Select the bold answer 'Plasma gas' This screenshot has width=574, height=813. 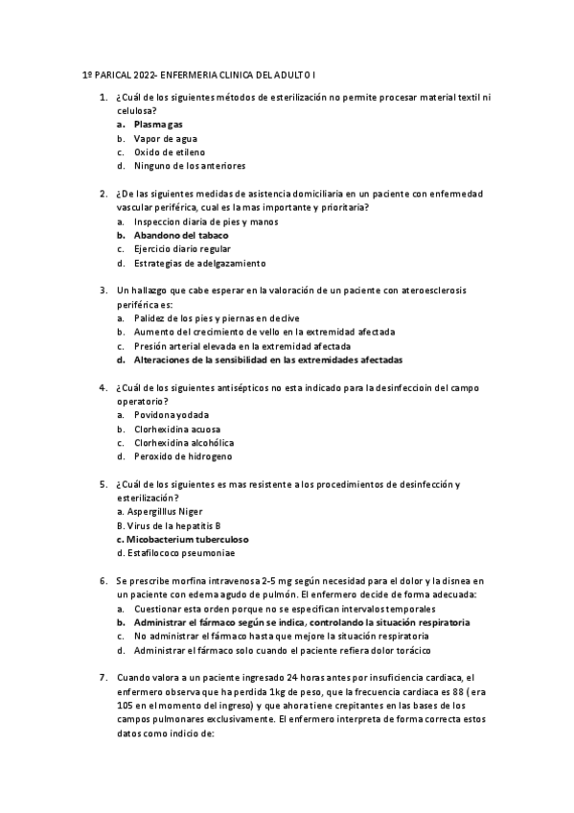click(x=158, y=125)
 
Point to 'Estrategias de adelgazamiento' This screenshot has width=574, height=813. click(x=199, y=263)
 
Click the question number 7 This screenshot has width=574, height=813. click(x=103, y=678)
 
